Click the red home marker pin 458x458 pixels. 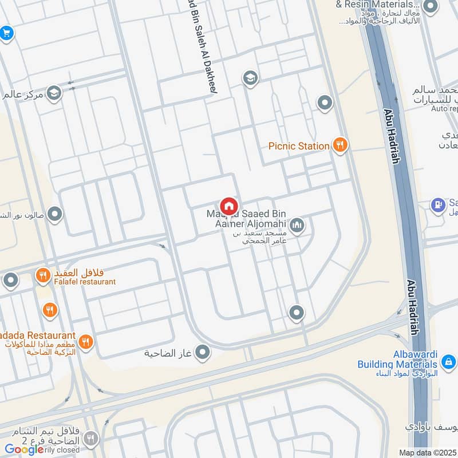click(x=228, y=206)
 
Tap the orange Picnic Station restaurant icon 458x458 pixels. click(x=340, y=145)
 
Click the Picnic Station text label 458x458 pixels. click(x=299, y=146)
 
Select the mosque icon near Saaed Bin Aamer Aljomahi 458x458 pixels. click(x=296, y=226)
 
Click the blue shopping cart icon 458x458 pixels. click(x=6, y=33)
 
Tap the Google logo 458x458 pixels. click(x=24, y=449)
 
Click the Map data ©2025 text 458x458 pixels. click(x=427, y=452)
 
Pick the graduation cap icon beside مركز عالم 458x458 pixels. click(x=54, y=93)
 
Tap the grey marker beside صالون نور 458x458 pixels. click(x=54, y=215)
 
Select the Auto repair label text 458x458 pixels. click(x=444, y=108)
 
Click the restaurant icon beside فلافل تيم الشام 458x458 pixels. click(x=90, y=439)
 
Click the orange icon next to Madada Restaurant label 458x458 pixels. click(x=86, y=342)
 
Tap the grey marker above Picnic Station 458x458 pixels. click(x=325, y=103)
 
